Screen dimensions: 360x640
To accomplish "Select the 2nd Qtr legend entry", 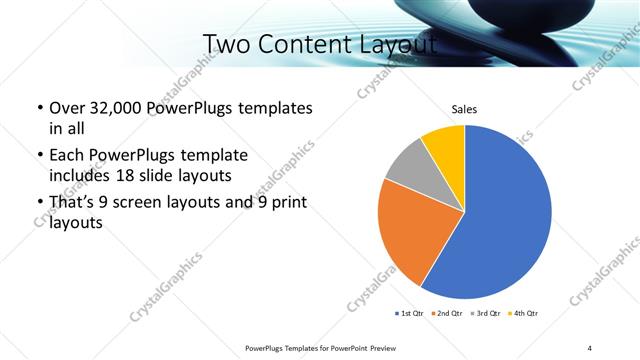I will [447, 314].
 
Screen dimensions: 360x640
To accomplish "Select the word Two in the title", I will [227, 45].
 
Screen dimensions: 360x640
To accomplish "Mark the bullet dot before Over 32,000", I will [39, 109].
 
